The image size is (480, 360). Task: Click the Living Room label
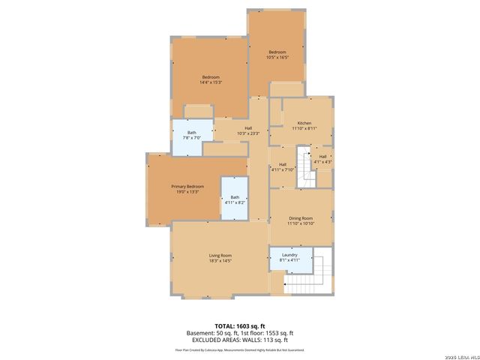220,256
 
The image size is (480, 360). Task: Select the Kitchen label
304,123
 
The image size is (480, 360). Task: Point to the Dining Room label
300,217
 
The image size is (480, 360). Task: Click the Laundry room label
289,255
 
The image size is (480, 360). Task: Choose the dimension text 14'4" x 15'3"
210,82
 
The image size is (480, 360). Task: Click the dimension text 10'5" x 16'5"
277,57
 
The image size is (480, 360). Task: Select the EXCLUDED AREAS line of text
240,340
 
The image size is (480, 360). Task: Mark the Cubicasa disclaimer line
240,349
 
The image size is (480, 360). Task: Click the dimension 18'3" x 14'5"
220,261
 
